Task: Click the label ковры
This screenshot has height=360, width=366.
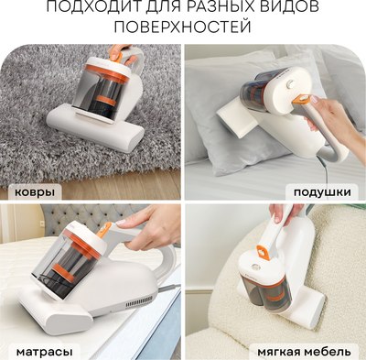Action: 33,193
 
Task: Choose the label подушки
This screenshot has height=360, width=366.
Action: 325,193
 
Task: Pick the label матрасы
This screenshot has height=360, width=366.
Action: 39,351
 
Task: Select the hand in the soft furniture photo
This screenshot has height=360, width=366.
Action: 285,212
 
